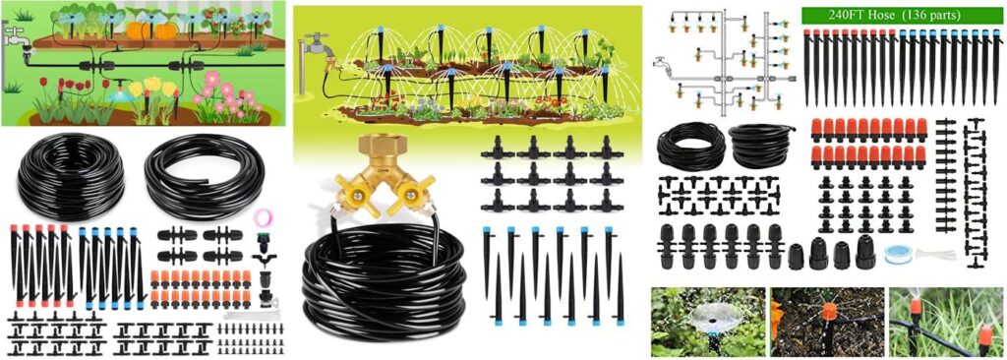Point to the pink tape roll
[x=263, y=216]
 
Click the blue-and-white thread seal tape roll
[x=896, y=253]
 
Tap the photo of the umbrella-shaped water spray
[x=708, y=322]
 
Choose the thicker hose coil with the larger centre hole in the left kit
[x=204, y=175]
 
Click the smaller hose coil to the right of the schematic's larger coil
[x=761, y=146]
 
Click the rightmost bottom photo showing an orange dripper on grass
[x=946, y=322]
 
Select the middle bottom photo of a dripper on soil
[x=826, y=322]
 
